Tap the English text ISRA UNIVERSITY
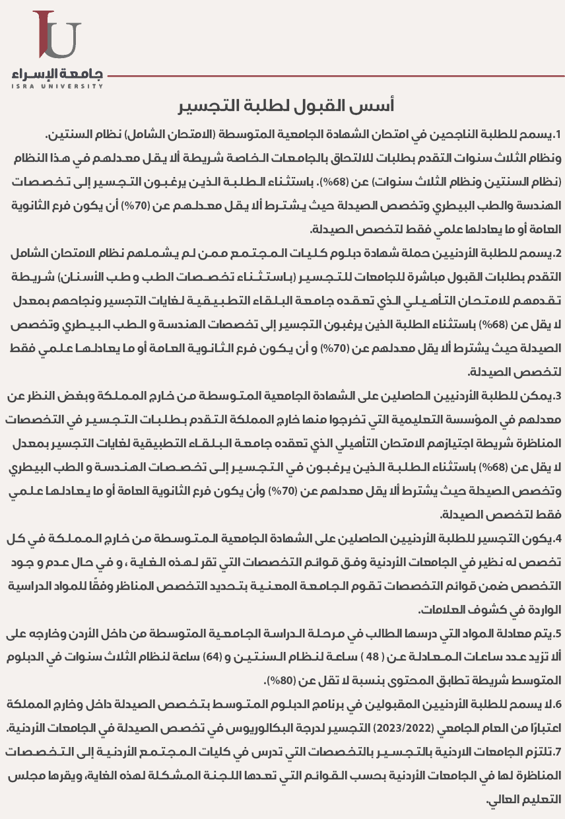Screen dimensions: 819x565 pos(57,86)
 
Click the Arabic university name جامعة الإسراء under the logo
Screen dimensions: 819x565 pos(57,73)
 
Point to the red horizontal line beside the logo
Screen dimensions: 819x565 pos(330,76)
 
